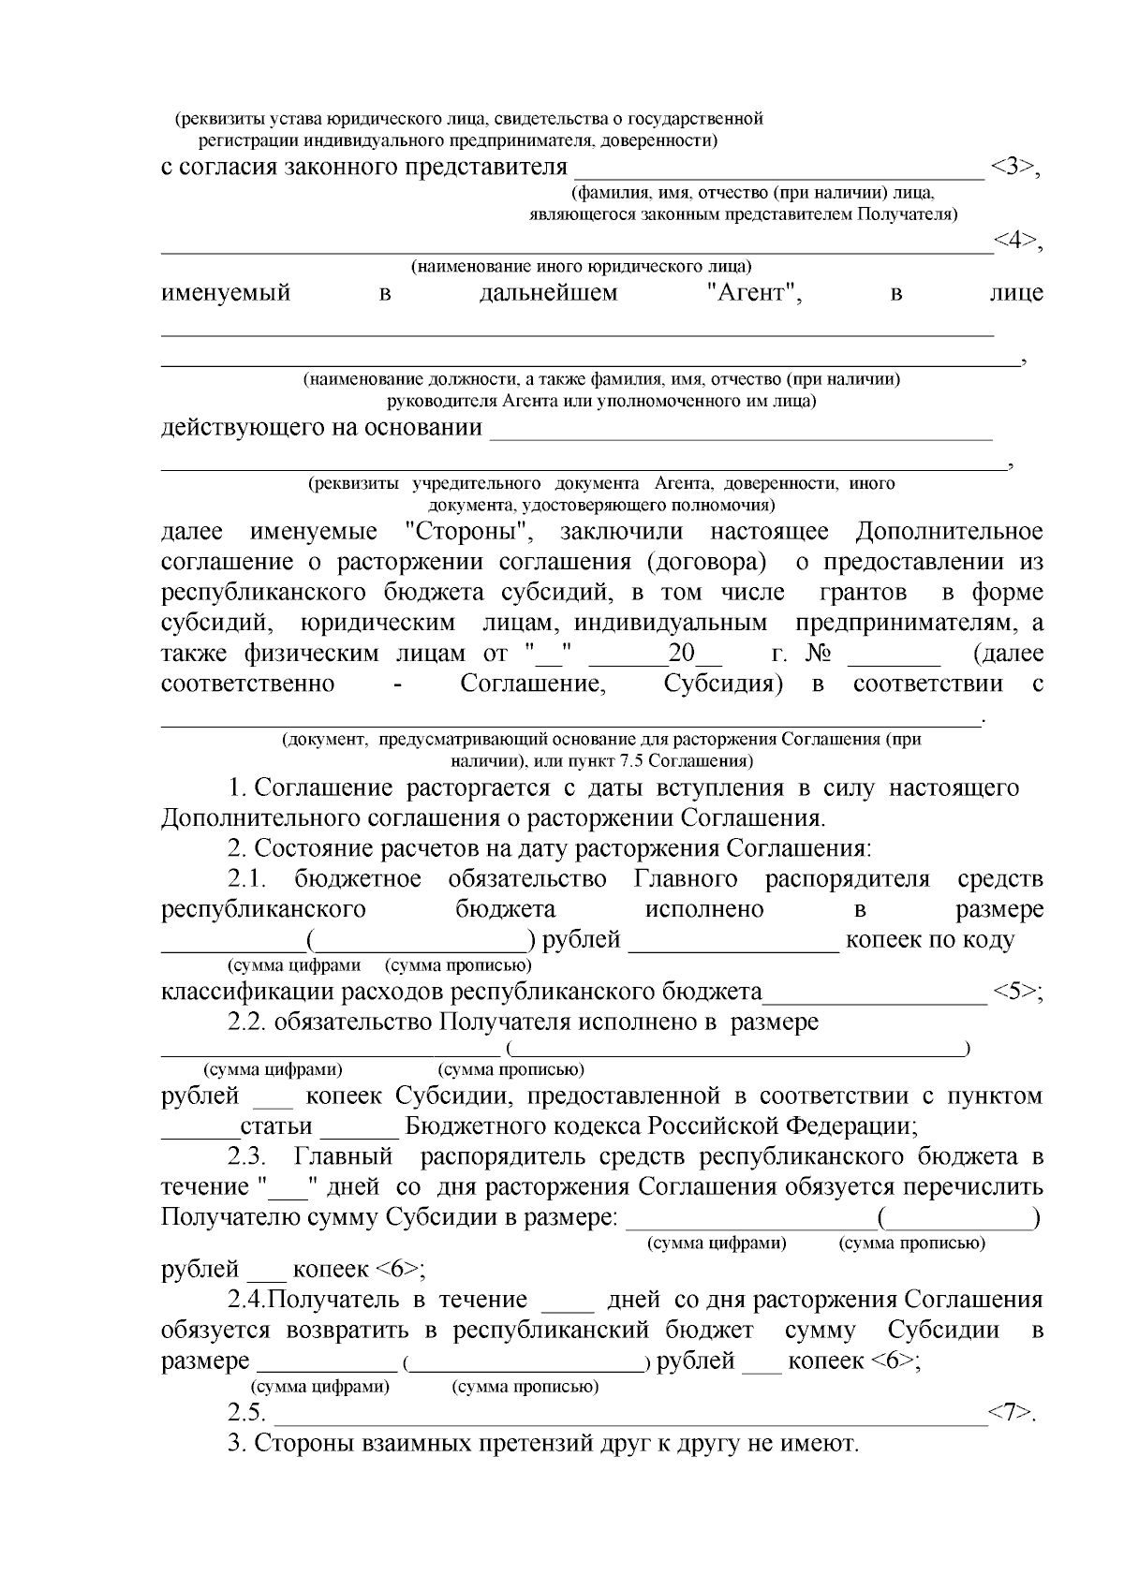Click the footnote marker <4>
point(1015,241)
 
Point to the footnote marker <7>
point(1011,1413)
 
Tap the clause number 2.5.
point(246,1413)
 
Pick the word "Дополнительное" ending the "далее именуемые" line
point(949,533)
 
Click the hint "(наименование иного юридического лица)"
point(582,266)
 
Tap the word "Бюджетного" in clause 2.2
point(469,1126)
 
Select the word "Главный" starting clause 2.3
point(343,1157)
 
